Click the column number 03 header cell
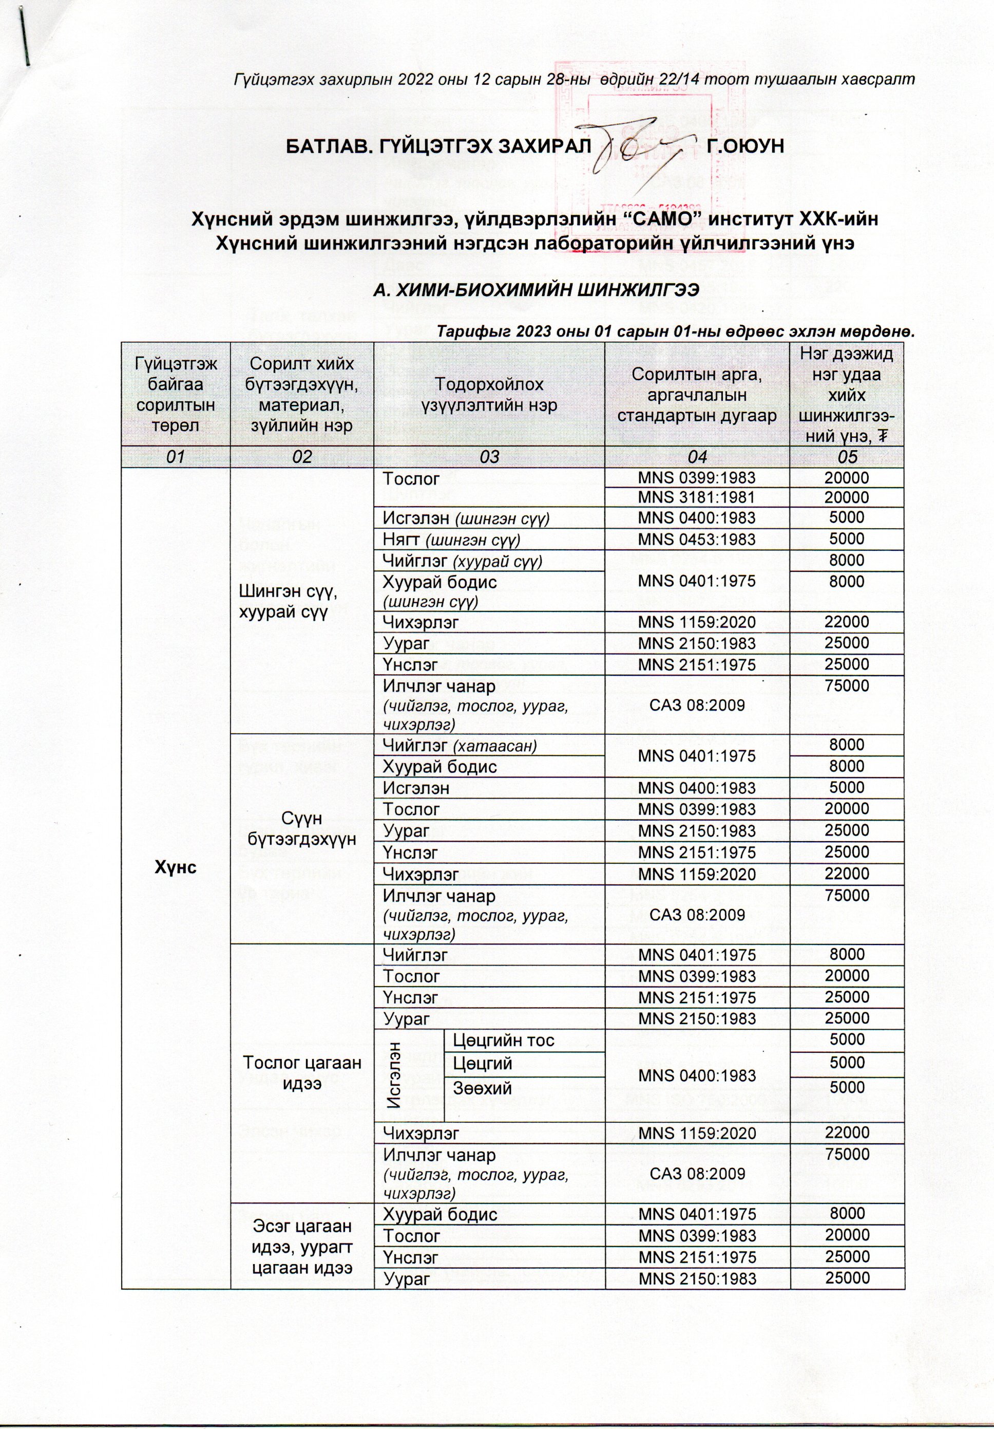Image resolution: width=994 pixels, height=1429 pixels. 489,457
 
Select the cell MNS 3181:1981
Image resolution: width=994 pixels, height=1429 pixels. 697,497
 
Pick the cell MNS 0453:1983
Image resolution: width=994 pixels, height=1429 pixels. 697,539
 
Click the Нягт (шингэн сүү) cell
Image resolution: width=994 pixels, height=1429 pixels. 452,539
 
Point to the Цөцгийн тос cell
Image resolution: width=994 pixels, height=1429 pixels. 503,1040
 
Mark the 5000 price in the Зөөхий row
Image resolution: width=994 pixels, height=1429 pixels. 847,1087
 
